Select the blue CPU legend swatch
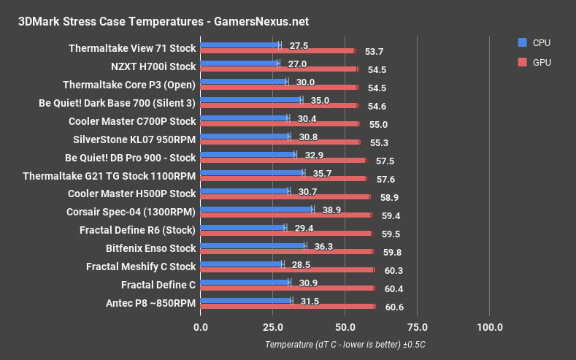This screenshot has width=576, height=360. coord(521,42)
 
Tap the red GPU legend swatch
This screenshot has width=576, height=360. coord(521,62)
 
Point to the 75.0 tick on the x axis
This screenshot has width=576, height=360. coord(417,326)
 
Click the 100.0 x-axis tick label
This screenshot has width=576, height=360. coord(489,326)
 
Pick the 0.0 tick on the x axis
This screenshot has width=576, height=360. coord(200,326)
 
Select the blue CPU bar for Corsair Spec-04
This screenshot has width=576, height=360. coord(256,209)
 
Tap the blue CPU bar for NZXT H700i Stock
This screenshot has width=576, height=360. coord(239,64)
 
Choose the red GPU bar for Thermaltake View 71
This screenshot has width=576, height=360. coord(277,51)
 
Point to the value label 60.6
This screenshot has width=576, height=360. coord(394,307)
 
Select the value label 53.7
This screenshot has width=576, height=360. coord(374,51)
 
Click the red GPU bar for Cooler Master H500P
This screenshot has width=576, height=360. coord(285,197)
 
